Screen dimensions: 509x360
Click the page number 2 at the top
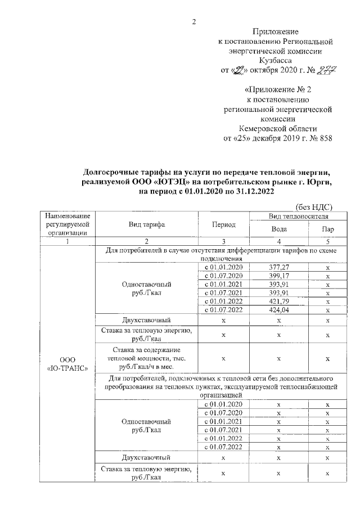point(194,22)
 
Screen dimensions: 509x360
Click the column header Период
point(223,224)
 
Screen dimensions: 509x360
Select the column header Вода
point(278,229)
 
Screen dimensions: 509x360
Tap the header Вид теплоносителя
point(299,215)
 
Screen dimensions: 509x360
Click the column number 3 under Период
point(223,241)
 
